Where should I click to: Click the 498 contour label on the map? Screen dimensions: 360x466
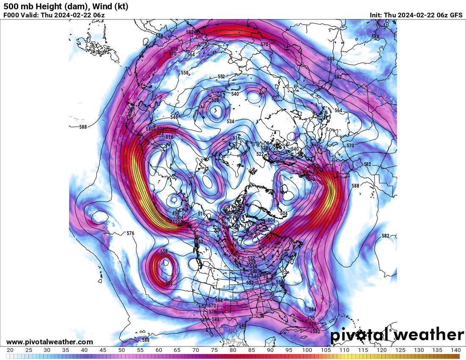pyautogui.click(x=175, y=213)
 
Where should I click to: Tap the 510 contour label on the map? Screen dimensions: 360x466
pyautogui.click(x=175, y=222)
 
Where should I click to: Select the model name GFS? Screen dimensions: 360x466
pyautogui.click(x=456, y=15)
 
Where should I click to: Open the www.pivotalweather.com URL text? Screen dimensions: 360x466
pyautogui.click(x=50, y=342)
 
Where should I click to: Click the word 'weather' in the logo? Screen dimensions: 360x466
pyautogui.click(x=429, y=335)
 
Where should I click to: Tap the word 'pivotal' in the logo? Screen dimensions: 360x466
pyautogui.click(x=359, y=335)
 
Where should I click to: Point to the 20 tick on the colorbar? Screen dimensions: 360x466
pyautogui.click(x=10, y=350)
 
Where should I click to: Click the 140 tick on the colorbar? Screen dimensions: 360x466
pyautogui.click(x=455, y=350)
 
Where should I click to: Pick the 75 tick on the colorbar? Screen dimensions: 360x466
pyautogui.click(x=214, y=350)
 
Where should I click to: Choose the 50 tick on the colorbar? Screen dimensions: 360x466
pyautogui.click(x=122, y=350)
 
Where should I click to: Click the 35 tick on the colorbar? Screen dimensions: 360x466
pyautogui.click(x=66, y=350)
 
